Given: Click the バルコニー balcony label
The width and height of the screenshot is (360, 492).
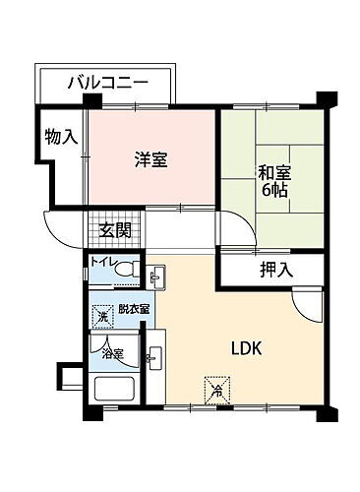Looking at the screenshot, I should pos(107,82).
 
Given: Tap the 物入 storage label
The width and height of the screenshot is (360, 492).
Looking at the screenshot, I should pos(61,138).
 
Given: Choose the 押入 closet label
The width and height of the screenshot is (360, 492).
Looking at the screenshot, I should pos(276,270).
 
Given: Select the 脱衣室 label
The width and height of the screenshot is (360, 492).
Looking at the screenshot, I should pos(132,309).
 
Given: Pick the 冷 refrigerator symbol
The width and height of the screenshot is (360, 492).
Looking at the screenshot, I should pos(216,389).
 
